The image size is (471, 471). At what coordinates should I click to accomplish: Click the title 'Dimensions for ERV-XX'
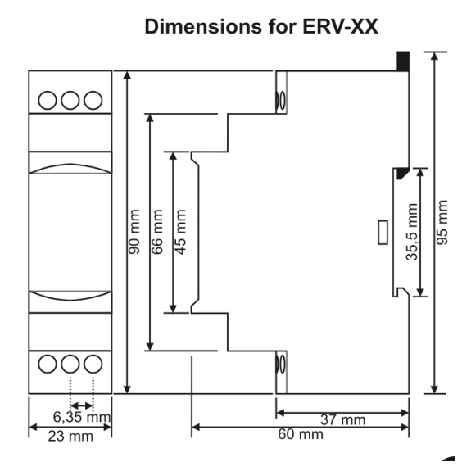[261, 27]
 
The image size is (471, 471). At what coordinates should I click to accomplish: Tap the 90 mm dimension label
[134, 232]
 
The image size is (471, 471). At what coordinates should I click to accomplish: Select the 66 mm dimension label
[157, 232]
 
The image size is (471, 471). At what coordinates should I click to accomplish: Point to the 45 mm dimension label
[180, 232]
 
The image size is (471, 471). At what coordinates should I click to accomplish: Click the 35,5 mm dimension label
[412, 232]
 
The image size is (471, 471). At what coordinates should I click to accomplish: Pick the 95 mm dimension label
[442, 222]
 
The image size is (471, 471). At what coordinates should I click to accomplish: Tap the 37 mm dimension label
[342, 420]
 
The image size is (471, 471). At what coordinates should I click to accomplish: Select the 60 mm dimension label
[301, 434]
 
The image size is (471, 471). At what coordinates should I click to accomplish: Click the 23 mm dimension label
[70, 436]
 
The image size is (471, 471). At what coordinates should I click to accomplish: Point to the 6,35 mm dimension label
[82, 417]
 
